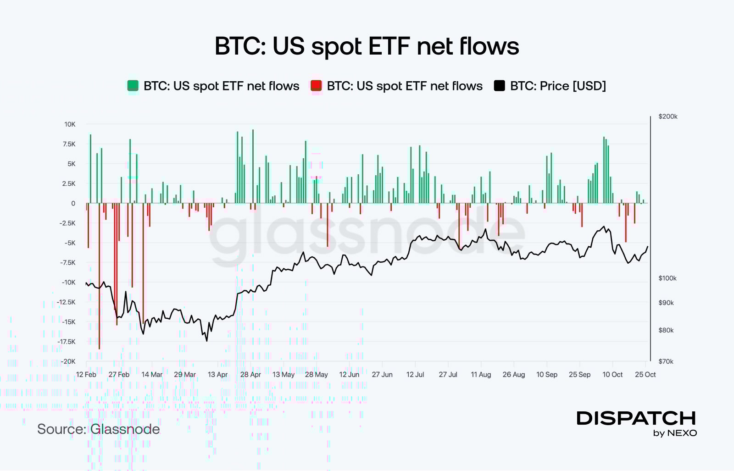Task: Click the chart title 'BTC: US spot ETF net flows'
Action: [x=367, y=46]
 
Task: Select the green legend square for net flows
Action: [x=133, y=86]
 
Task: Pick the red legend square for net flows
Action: [x=316, y=86]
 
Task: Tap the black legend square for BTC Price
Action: [x=499, y=86]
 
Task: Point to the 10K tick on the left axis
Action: [x=70, y=124]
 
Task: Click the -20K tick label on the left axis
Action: [x=68, y=361]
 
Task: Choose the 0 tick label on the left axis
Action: [x=73, y=203]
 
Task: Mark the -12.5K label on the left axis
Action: [x=66, y=302]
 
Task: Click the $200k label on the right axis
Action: [x=667, y=116]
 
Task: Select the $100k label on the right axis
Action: [x=667, y=278]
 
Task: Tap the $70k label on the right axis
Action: [x=666, y=361]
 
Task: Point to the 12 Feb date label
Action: [x=86, y=375]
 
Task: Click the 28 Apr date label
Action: [x=250, y=375]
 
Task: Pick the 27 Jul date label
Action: [x=448, y=375]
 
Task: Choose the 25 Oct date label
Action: [x=645, y=375]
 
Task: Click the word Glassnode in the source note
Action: [x=125, y=429]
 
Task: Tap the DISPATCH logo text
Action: [x=636, y=418]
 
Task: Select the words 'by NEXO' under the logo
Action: [x=675, y=433]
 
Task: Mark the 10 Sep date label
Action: [x=547, y=375]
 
